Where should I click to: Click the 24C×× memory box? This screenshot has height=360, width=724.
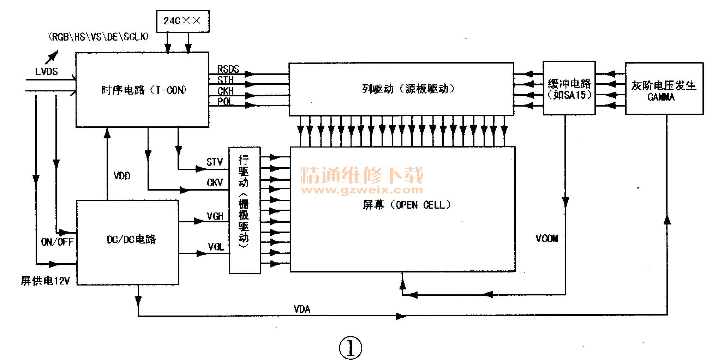coord(183,21)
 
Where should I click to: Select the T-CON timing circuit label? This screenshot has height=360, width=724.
coord(143,90)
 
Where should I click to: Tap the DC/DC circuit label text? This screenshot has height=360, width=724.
coord(131,240)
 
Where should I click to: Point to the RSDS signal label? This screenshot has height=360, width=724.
coord(228,69)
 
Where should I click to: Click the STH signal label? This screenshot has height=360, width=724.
coord(225,80)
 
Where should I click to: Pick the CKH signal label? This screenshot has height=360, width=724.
coord(225,91)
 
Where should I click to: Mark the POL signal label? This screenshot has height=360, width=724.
coord(225,102)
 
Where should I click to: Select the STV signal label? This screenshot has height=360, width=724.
coord(214,162)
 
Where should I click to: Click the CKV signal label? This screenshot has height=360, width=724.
coord(215,182)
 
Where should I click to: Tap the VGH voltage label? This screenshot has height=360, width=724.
coord(215,216)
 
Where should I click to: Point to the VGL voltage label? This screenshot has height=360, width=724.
coord(216,247)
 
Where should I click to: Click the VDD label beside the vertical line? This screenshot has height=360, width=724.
coord(122,175)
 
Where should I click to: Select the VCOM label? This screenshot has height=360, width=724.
coord(546,239)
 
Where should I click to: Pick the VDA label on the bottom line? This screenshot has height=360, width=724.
coord(302,309)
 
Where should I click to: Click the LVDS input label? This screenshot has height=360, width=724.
coord(46,72)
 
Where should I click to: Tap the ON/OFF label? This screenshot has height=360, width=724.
coord(57,242)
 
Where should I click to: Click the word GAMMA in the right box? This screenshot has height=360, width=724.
coord(661,97)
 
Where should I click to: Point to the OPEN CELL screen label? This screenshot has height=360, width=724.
coord(407,205)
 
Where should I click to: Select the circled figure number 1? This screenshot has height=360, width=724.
coord(350,348)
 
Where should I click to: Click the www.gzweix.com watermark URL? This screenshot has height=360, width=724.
coord(362,190)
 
